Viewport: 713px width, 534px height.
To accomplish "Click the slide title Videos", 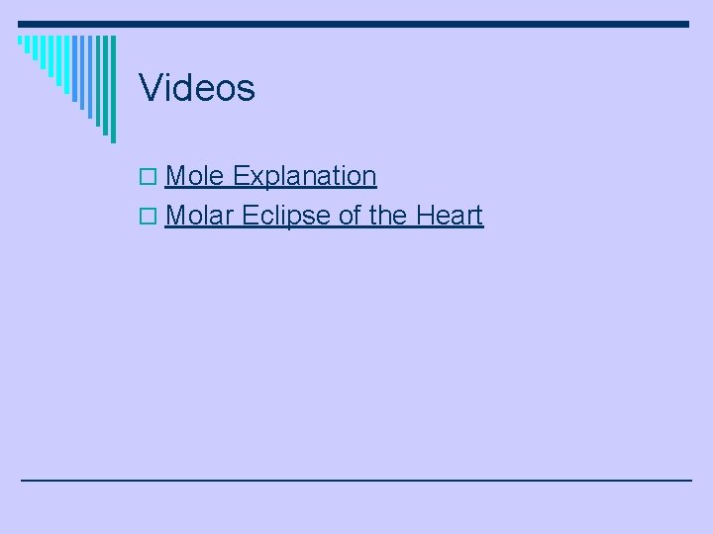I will (197, 88).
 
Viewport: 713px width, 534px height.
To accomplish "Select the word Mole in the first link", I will (195, 176).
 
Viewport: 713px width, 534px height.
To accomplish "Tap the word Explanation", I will (305, 176).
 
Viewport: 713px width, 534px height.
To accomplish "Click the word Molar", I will (200, 215).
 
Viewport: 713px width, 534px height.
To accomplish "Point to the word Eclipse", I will (287, 215).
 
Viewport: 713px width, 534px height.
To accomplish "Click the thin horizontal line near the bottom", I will (356, 480).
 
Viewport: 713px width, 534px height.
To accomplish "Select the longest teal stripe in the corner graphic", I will (112, 89).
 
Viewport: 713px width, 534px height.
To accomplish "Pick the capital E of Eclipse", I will (249, 215).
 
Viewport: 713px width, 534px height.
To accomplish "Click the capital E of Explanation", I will (241, 176).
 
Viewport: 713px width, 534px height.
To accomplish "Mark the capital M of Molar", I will (176, 215).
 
